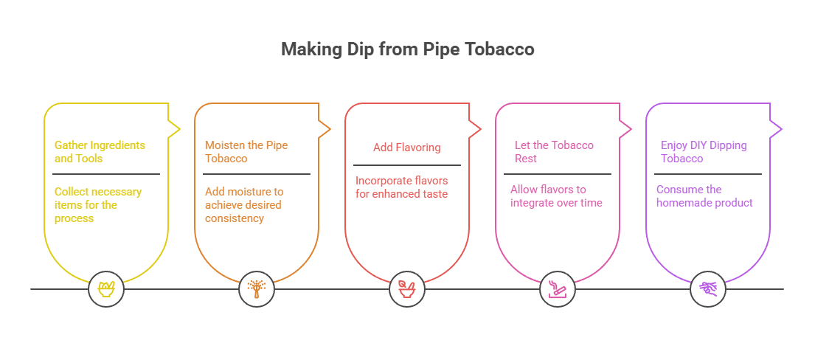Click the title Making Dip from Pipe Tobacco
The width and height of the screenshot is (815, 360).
[x=407, y=50]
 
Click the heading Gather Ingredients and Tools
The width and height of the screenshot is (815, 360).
[x=100, y=152]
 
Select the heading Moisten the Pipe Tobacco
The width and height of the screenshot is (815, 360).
[x=246, y=152]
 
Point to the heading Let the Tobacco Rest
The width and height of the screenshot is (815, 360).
[x=554, y=152]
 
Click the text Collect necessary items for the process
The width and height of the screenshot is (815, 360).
[x=98, y=204]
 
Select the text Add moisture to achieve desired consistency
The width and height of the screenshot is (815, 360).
[x=244, y=204]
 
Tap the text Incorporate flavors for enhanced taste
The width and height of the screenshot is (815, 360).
[x=402, y=187]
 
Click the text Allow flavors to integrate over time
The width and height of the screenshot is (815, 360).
[x=556, y=195]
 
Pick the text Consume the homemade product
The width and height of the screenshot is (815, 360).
[x=704, y=195]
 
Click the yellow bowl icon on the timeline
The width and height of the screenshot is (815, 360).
[x=106, y=288]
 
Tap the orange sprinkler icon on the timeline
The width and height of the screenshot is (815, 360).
[x=257, y=288]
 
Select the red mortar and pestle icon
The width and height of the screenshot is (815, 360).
[x=407, y=288]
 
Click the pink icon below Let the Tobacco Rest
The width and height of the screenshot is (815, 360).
[x=558, y=288]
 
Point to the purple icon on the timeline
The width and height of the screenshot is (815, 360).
[x=708, y=288]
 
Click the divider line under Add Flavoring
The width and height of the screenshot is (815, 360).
[x=407, y=165]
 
